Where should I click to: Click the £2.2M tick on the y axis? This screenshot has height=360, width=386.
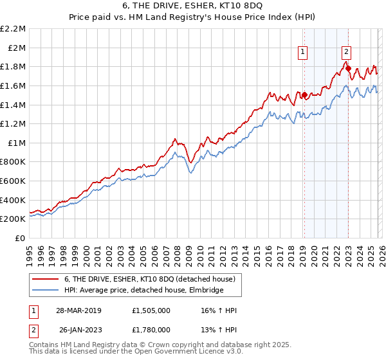[x=14, y=29]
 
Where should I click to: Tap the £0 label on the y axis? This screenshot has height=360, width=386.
[x=21, y=238]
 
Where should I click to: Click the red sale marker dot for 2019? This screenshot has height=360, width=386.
[x=304, y=95]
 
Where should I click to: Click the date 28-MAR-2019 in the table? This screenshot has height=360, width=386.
[x=78, y=310]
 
